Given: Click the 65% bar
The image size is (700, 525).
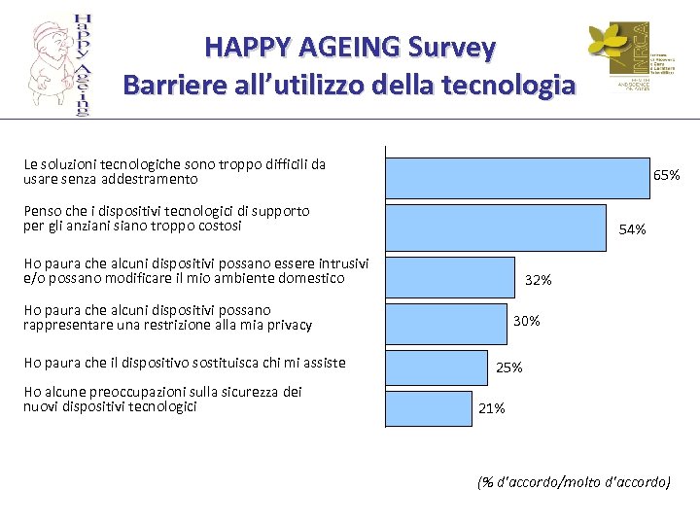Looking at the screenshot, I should click(517, 177).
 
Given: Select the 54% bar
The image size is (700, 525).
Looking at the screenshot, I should click(495, 227).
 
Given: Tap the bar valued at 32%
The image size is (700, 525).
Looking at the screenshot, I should click(450, 276).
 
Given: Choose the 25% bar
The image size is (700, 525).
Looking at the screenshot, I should click(436, 367).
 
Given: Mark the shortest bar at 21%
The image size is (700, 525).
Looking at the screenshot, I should click(428, 408).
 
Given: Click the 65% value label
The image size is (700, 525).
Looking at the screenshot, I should click(666, 175).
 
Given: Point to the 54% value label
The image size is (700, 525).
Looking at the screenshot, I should click(632, 229).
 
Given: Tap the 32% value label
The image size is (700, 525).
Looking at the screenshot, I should click(538, 280).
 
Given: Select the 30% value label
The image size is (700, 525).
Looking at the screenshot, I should click(526, 321).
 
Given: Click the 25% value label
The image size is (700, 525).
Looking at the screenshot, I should click(509, 367).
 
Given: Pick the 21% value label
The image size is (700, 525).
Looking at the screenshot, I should click(492, 408).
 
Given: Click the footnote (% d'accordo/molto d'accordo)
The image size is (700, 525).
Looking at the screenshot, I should click(574, 481).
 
